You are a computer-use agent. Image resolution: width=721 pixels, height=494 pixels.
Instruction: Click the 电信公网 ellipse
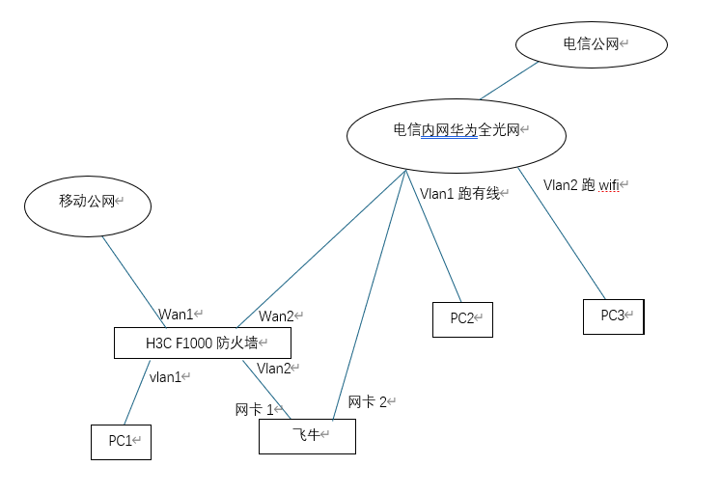(x=591, y=44)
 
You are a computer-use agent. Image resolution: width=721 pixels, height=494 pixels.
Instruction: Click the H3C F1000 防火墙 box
(x=202, y=343)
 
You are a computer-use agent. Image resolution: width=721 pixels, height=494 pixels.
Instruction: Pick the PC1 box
(x=121, y=441)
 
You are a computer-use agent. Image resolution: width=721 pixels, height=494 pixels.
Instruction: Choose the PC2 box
(x=462, y=318)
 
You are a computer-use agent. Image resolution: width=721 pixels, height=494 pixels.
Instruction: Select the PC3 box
(x=612, y=316)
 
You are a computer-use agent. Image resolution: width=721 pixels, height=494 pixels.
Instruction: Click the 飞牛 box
(x=307, y=436)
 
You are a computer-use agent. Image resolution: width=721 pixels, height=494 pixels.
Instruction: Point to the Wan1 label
(x=177, y=315)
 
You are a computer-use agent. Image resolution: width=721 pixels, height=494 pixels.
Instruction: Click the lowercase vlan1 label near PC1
(x=165, y=377)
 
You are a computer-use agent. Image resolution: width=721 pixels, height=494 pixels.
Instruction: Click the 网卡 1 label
(x=254, y=409)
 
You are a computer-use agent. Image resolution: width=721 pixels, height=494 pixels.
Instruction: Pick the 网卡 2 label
(x=368, y=401)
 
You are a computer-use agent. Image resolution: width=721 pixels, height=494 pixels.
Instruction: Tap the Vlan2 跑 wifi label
(x=581, y=184)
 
